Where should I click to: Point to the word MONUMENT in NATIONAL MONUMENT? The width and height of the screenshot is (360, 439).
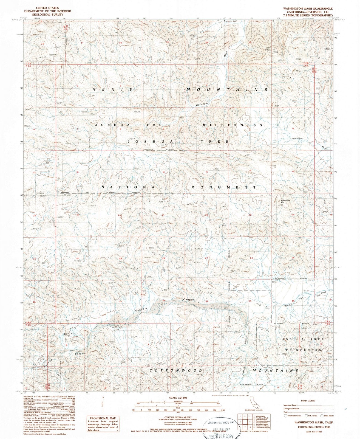pos(223,187)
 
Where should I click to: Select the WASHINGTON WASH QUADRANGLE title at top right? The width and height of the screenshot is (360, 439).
pos(305,9)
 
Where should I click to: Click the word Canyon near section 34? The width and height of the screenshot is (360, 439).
pos(189,300)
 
